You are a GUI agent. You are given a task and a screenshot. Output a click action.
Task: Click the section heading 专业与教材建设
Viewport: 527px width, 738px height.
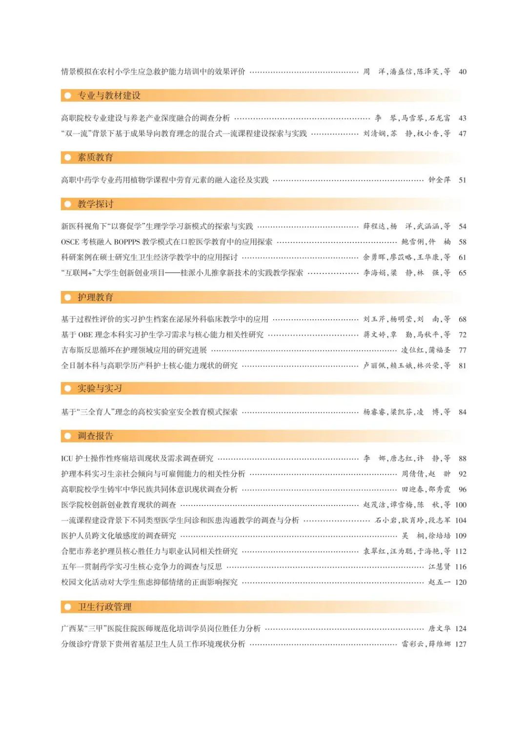[109, 96]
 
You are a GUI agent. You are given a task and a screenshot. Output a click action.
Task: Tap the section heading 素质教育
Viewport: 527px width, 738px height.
[95, 157]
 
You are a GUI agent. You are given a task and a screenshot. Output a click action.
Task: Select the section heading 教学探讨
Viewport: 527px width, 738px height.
[95, 204]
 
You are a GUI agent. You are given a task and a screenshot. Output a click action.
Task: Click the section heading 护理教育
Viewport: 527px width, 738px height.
[95, 297]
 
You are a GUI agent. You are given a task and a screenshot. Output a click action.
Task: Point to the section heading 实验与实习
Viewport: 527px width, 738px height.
[100, 388]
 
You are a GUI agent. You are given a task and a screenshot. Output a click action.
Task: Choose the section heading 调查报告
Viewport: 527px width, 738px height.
[95, 436]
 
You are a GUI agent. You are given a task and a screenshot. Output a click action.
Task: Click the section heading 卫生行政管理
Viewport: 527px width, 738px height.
[104, 607]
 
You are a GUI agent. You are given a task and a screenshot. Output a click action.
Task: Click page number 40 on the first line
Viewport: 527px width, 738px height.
[462, 72]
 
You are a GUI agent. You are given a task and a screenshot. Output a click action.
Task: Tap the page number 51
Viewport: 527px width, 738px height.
[462, 180]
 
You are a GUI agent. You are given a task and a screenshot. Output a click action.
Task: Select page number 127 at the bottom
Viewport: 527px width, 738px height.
[461, 644]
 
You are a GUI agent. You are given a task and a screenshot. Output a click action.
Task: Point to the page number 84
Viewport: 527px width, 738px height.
[462, 412]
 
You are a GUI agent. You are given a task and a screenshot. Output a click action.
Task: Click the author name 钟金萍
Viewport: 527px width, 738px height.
[439, 180]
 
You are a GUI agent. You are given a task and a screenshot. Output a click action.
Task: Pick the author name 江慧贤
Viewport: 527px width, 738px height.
[439, 566]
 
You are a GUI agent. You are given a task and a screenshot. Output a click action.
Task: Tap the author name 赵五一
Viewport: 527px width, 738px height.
[439, 582]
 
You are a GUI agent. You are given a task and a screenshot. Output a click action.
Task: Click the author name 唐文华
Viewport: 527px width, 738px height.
[439, 628]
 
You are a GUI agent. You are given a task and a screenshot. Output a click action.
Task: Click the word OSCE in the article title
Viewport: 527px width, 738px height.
[70, 242]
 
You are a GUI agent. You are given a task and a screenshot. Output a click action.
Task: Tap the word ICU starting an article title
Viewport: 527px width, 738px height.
[67, 458]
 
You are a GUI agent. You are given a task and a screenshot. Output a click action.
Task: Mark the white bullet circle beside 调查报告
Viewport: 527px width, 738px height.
[68, 436]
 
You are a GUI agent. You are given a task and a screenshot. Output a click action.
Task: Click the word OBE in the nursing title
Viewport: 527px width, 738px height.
[85, 334]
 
